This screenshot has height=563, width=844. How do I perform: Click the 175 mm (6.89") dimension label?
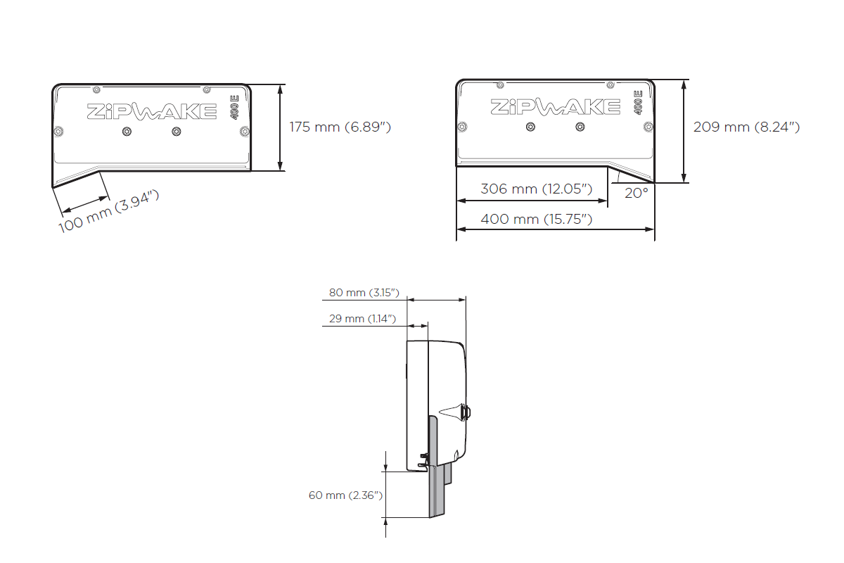340,127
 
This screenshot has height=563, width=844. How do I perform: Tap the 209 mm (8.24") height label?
746,127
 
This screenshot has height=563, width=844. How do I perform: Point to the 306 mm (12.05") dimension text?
536,189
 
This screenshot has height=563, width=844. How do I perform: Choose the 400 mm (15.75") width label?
536,219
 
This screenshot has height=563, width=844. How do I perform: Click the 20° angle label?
636,192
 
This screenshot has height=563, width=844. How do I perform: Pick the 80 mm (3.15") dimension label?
364,292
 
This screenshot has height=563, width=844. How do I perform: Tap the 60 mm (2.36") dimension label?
345,495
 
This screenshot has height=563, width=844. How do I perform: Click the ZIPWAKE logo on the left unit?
151,111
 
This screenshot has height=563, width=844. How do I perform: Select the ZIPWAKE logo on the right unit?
555,106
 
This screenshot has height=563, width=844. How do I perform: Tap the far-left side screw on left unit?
58,130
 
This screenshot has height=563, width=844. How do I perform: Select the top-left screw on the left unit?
96,89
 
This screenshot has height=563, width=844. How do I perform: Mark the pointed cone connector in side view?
450,412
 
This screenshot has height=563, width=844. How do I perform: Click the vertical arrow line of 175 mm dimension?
281,127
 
